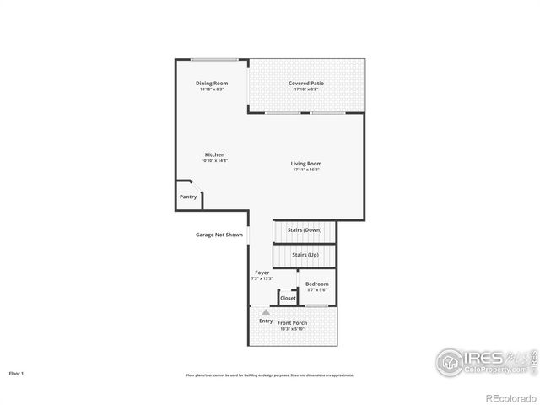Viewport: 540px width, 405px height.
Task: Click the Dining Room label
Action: (x=212, y=83)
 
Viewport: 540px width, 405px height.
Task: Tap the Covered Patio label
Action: (x=306, y=83)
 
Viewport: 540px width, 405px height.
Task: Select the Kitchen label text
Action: (x=215, y=154)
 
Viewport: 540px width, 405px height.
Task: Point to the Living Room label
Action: (x=306, y=163)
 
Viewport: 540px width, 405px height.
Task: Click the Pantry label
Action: (x=188, y=197)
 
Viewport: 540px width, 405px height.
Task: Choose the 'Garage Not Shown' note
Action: (x=219, y=235)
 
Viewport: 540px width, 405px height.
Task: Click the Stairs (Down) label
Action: (x=305, y=229)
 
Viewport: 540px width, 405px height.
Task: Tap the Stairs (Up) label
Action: (x=305, y=254)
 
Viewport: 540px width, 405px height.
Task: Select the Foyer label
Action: (x=262, y=273)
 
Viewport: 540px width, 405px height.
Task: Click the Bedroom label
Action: (x=317, y=283)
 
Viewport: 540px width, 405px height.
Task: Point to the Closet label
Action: (x=289, y=298)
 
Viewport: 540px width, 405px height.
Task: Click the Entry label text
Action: (x=266, y=321)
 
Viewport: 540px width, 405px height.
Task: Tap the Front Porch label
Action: (x=294, y=323)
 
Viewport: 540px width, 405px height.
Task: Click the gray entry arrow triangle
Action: (x=266, y=312)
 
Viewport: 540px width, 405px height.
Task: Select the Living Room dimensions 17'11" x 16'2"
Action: (x=306, y=170)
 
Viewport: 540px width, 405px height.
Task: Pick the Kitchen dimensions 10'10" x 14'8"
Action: (x=215, y=161)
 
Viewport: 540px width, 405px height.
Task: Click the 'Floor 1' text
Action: (x=17, y=373)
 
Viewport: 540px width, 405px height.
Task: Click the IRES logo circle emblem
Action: (x=450, y=361)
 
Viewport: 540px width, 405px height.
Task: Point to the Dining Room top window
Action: (x=213, y=59)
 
